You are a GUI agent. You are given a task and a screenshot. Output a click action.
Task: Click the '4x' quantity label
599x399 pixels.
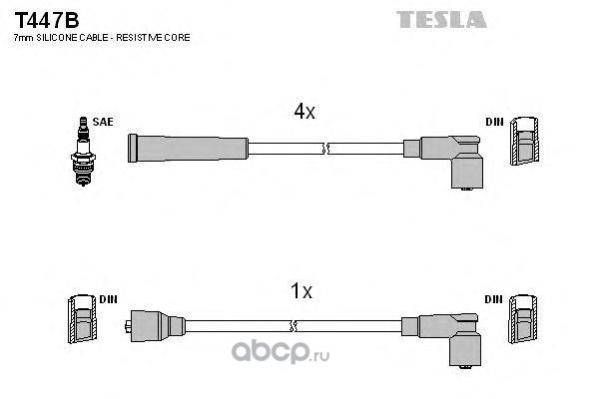(x=304, y=113)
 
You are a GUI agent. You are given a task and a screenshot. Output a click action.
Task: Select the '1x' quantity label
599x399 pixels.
(x=300, y=292)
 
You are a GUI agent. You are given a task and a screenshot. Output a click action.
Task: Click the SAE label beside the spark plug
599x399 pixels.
(x=102, y=122)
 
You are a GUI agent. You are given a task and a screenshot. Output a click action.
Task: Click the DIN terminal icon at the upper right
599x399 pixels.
(x=524, y=143)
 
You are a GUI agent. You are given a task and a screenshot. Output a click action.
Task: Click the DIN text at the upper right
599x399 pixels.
(x=494, y=122)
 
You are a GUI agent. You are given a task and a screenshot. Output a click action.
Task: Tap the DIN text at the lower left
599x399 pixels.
(x=108, y=299)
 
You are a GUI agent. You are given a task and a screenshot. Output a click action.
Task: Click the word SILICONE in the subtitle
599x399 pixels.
(x=65, y=37)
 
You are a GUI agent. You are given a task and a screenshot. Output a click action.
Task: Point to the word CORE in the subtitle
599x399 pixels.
(x=177, y=37)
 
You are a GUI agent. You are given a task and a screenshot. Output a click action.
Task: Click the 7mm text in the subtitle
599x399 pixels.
(x=21, y=37)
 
